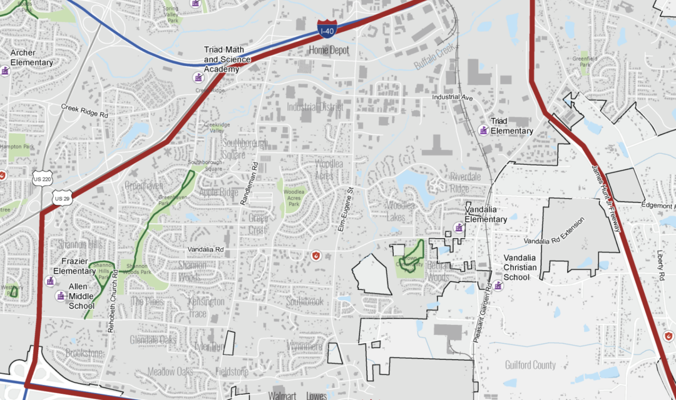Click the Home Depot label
329,50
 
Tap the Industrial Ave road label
453,98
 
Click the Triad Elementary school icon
483,130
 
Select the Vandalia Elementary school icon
459,228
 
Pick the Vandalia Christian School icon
498,286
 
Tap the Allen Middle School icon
61,296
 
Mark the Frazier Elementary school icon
51,281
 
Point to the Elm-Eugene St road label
342,209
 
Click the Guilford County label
530,365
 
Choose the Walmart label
282,396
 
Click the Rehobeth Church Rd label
113,305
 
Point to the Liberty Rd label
660,266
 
